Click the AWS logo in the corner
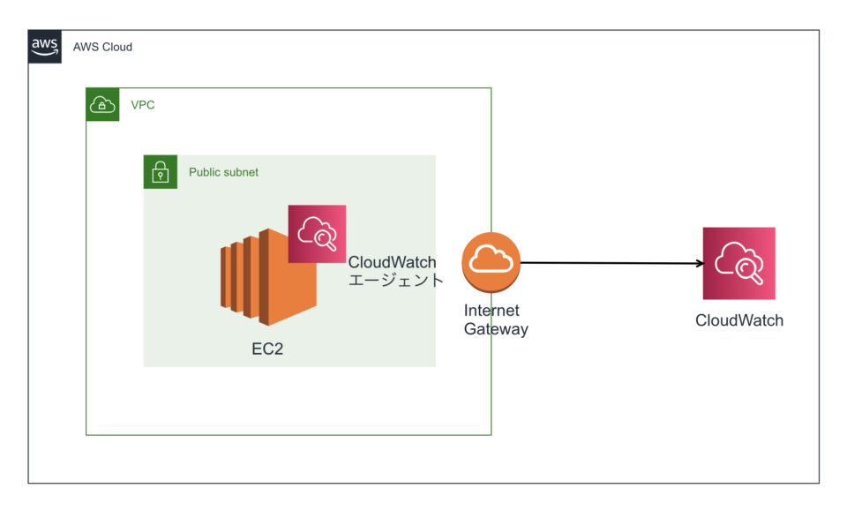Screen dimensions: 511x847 click(x=45, y=47)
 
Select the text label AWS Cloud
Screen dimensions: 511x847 click(x=102, y=47)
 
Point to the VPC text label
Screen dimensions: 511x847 click(x=143, y=105)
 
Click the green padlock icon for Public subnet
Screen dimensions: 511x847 click(x=160, y=172)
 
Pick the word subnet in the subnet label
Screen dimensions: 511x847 click(x=242, y=172)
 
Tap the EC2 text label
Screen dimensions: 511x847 click(x=267, y=349)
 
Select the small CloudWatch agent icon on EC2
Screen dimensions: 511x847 click(x=317, y=234)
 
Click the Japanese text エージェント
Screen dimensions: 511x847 click(x=395, y=281)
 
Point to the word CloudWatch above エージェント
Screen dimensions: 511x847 click(x=392, y=262)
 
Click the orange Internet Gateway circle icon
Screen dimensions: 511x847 click(x=491, y=262)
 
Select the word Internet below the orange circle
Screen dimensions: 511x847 click(x=491, y=311)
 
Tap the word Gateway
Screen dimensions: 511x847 click(x=496, y=329)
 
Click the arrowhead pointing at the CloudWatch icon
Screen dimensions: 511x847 click(x=697, y=263)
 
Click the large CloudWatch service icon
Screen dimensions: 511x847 click(x=738, y=263)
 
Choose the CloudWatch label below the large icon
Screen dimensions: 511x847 click(x=738, y=320)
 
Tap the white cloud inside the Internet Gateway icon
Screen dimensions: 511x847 click(x=491, y=259)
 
